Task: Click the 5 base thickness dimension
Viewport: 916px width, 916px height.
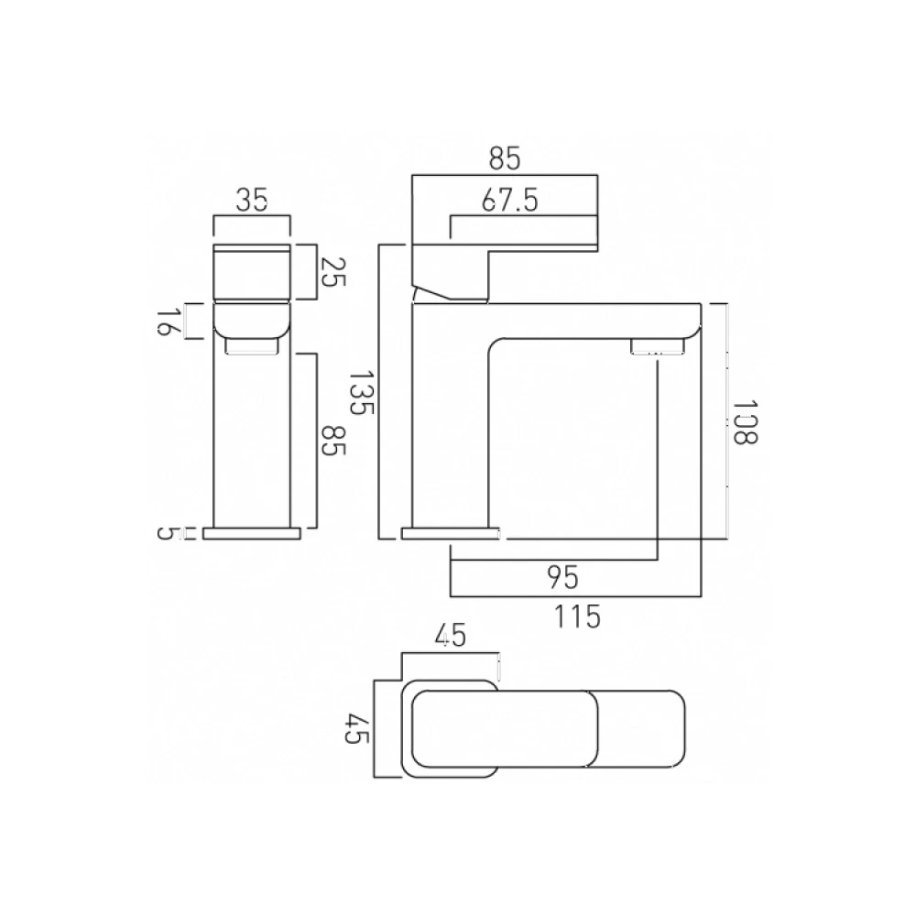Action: (x=166, y=533)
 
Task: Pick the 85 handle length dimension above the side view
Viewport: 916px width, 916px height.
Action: (x=504, y=158)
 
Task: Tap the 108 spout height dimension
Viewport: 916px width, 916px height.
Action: (x=746, y=421)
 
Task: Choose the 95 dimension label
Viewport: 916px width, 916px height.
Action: (x=563, y=577)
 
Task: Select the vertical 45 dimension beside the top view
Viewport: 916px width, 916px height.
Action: (x=355, y=730)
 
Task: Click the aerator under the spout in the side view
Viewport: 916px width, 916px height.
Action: (x=656, y=347)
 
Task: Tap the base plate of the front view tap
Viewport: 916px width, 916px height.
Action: (x=252, y=533)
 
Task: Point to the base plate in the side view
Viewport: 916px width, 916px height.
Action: (x=452, y=533)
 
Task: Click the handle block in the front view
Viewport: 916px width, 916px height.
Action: (x=252, y=272)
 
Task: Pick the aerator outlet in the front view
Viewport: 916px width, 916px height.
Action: (x=251, y=345)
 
